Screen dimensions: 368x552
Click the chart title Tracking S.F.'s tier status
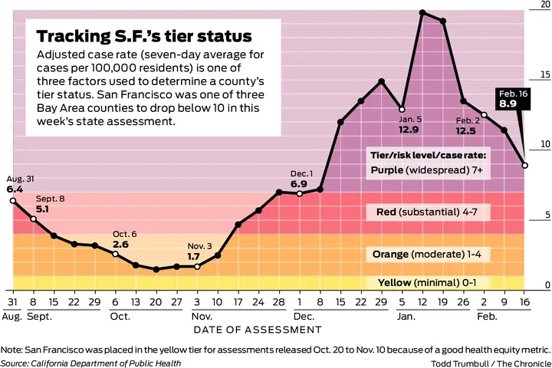click(145, 37)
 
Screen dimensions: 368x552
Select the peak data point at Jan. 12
click(422, 13)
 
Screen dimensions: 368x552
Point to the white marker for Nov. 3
click(197, 266)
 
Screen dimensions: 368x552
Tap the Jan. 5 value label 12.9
click(409, 130)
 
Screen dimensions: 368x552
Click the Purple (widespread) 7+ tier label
click(426, 170)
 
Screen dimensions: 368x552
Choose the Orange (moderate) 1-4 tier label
click(431, 254)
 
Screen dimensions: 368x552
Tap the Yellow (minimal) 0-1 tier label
click(428, 282)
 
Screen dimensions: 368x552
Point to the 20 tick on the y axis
click(544, 5)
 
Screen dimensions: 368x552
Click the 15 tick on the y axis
click(544, 74)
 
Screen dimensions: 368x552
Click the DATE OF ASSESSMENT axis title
click(257, 330)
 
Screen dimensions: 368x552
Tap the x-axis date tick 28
click(279, 302)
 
